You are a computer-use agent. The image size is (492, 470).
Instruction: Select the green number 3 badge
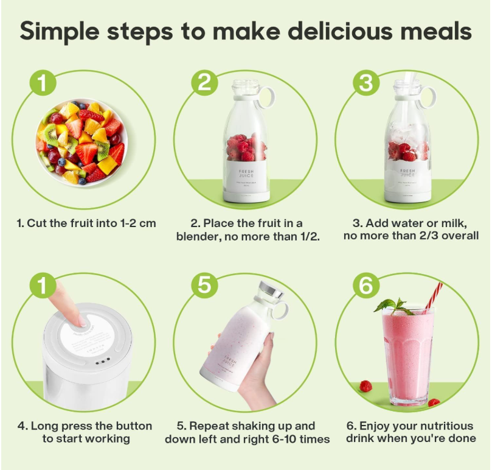[x=366, y=82]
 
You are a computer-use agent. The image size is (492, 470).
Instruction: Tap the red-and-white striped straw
[x=432, y=296]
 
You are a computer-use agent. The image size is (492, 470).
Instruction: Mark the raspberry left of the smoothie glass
[x=366, y=386]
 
